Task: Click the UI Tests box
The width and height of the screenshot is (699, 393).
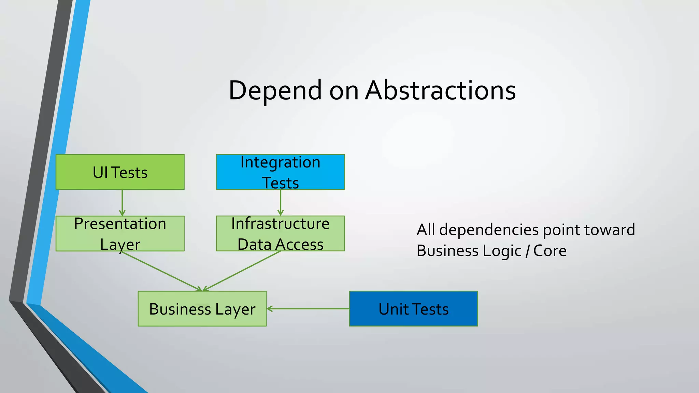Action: coord(120,172)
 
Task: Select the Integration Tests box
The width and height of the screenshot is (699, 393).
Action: coord(280,172)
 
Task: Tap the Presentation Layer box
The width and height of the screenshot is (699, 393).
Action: coord(120,234)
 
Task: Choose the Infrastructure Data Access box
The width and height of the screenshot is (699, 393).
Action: coord(280,234)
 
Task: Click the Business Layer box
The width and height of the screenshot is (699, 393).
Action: coord(202,309)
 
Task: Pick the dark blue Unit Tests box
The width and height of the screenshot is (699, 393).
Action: coord(413,309)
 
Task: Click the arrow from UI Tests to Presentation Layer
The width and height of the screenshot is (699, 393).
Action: coord(122,203)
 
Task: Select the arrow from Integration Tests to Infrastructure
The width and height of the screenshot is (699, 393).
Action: coord(281,203)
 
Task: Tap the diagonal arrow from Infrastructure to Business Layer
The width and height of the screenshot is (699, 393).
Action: coord(242,271)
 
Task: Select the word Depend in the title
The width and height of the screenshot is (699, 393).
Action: coord(275,90)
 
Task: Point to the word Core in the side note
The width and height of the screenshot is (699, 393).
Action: coord(550,251)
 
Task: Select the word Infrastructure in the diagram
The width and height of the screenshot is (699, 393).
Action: coord(280,224)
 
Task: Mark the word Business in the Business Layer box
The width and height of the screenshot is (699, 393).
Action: coord(180,309)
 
